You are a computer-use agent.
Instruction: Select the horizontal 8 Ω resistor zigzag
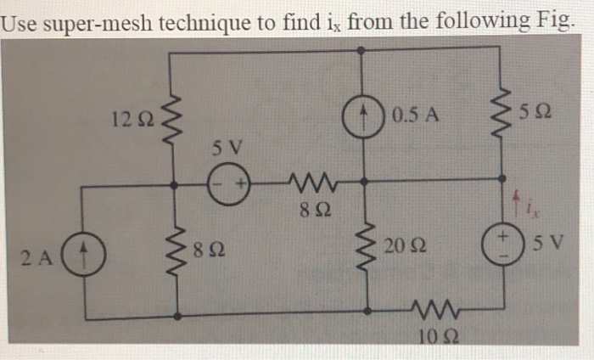click(303, 180)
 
